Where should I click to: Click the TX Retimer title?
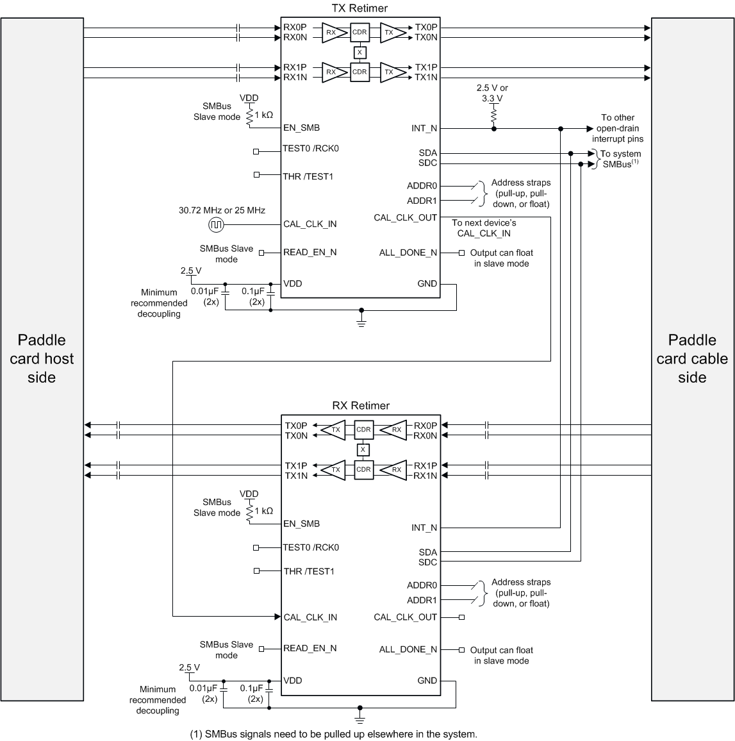pos(359,8)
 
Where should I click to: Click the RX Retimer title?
pos(361,406)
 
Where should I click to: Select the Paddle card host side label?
pos(42,358)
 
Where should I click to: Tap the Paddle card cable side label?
pos(692,358)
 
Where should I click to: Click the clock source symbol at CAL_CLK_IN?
pos(216,224)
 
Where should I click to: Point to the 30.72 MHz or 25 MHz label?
pos(222,210)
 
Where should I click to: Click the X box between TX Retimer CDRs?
pos(359,52)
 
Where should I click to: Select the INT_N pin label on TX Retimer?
pos(424,128)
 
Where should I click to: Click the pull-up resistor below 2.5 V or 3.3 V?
pos(493,115)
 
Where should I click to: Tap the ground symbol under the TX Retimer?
pos(361,320)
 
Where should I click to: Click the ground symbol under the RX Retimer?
pos(360,717)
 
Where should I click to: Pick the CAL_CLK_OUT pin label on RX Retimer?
pos(405,617)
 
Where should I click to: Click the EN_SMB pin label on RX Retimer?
pos(301,524)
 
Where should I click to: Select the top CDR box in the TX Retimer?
pos(359,32)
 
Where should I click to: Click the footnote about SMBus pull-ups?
pos(334,734)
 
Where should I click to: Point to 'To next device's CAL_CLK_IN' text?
pos(484,228)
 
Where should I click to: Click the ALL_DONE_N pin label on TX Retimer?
pos(408,253)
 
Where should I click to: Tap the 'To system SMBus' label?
pos(620,159)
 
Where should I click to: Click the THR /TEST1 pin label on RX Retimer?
pos(308,571)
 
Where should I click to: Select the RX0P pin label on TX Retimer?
pos(295,28)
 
